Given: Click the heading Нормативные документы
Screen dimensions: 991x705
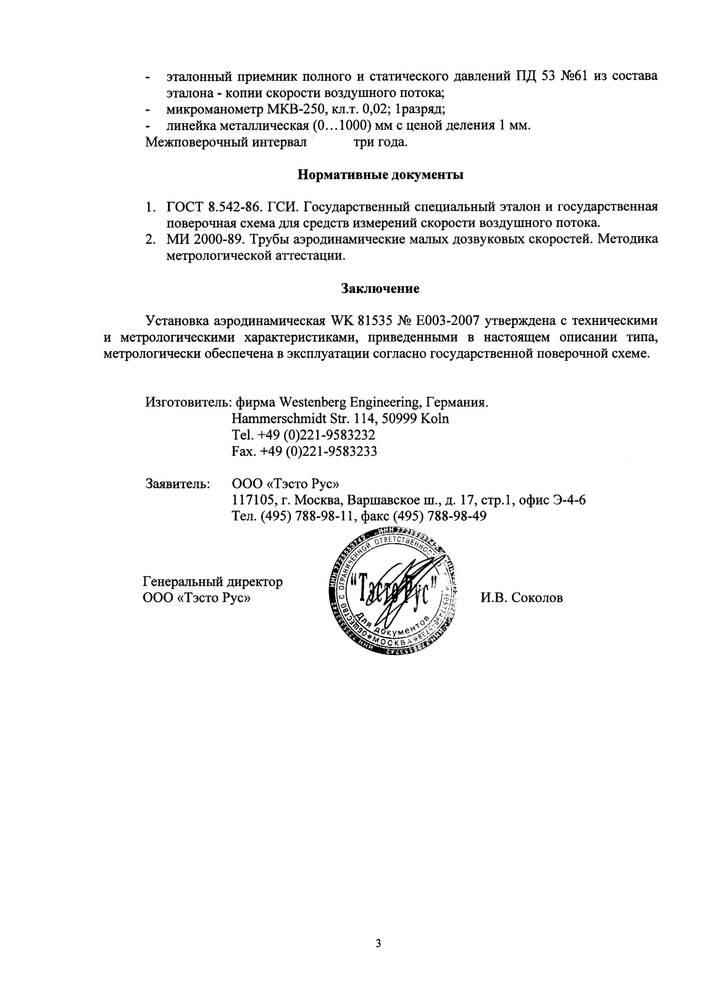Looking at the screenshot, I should pos(380,175).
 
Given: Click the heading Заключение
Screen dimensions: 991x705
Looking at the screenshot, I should pos(380,288).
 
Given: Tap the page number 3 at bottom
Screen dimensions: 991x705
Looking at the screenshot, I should pos(378,943).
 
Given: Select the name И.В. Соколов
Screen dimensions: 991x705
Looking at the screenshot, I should pos(522,598).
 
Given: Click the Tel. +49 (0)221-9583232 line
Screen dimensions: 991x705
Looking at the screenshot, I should pos(304,435).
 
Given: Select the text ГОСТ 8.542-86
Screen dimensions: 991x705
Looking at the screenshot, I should pos(199,207).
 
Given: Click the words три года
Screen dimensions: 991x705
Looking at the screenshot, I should pos(380,143).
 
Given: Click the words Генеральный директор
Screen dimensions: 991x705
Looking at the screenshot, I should pos(213,582).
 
